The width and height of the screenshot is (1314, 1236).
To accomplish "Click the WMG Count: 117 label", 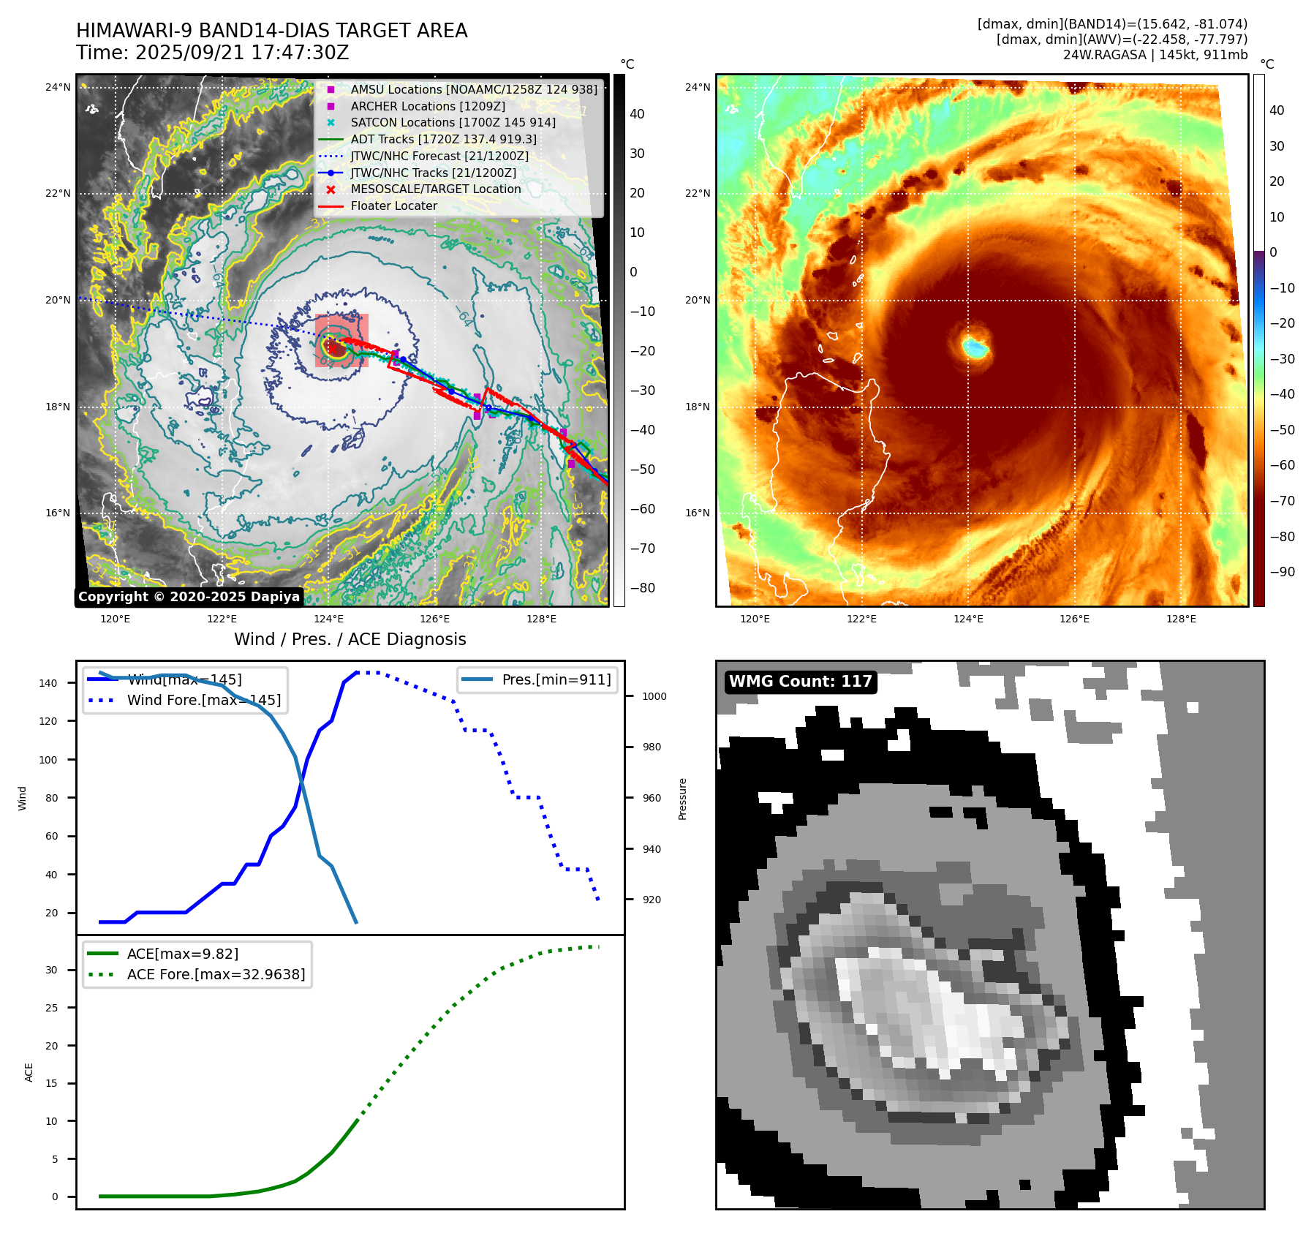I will click(x=800, y=682).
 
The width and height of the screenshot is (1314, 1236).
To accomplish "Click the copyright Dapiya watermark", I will click(x=189, y=597).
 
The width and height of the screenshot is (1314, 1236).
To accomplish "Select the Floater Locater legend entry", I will click(x=393, y=206).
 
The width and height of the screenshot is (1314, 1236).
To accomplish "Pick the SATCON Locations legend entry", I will click(x=453, y=123).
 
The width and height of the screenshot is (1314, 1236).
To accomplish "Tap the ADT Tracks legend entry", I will click(x=443, y=140).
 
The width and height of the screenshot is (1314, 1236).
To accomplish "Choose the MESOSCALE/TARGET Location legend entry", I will click(x=436, y=189).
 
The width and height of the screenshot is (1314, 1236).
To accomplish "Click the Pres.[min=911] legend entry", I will click(x=556, y=680).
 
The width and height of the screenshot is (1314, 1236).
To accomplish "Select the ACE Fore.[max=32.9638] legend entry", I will click(x=216, y=975).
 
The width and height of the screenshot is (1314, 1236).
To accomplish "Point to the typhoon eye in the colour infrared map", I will click(x=975, y=346).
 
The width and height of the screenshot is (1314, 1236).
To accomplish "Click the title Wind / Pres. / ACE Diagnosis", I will click(x=350, y=640).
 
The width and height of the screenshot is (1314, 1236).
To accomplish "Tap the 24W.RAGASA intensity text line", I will click(x=1155, y=55).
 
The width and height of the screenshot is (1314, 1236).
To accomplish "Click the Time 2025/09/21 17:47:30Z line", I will click(x=212, y=53).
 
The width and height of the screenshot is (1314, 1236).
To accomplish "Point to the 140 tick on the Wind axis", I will click(x=48, y=683).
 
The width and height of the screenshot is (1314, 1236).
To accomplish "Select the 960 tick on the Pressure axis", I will click(x=652, y=799).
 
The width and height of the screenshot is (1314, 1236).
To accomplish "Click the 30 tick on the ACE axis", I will click(x=51, y=971).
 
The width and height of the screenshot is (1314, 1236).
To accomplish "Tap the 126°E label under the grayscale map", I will click(x=434, y=619).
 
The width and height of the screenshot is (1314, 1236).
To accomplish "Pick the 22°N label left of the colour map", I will click(x=697, y=194).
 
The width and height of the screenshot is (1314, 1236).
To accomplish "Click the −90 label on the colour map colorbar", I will click(x=1282, y=572).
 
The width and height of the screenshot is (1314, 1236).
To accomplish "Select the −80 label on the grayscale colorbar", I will click(x=643, y=588).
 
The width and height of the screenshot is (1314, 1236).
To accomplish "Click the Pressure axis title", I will click(x=682, y=799).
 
